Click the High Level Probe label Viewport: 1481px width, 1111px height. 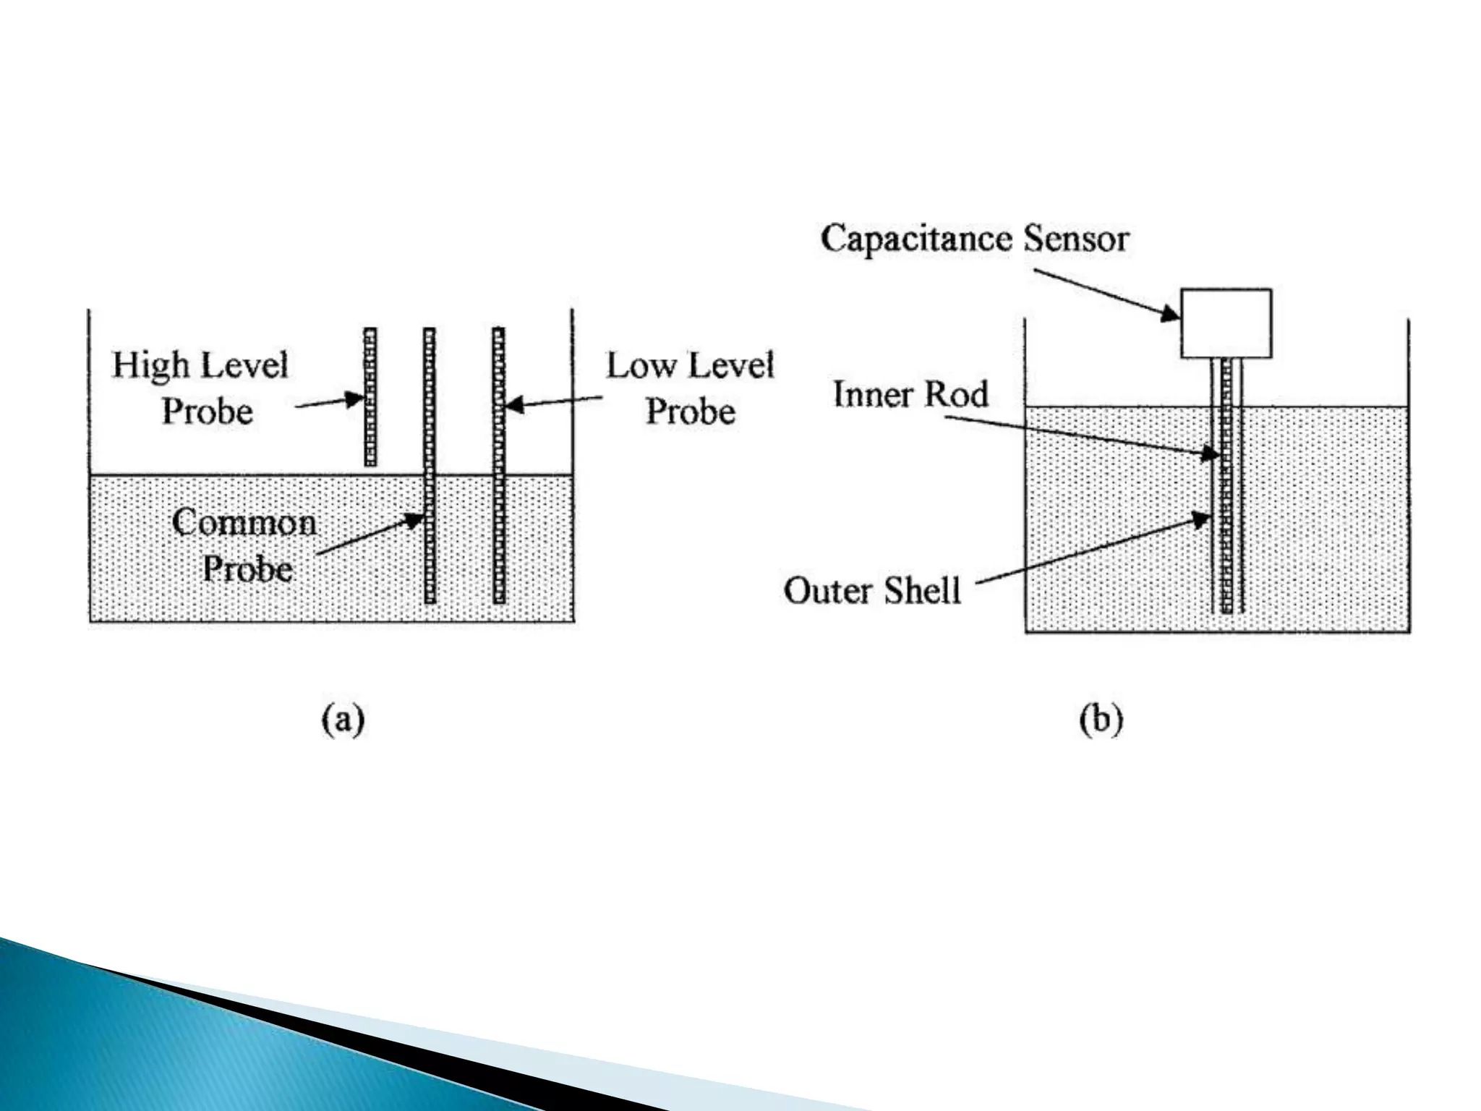pos(200,388)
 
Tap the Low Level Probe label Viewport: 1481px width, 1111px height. pos(690,388)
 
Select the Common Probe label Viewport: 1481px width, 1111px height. pos(245,545)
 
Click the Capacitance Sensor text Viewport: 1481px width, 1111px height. pos(974,239)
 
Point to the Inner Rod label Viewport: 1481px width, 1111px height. pos(910,394)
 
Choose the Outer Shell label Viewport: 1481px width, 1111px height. pos(872,590)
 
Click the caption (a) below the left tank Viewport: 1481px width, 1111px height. pos(343,720)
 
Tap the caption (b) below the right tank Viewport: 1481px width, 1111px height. pos(1101,720)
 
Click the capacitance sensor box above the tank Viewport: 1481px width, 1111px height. pos(1226,323)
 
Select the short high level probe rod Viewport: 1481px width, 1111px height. pos(370,396)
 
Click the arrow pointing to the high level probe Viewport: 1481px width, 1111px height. pos(329,401)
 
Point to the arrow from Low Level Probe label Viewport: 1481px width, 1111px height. pos(553,402)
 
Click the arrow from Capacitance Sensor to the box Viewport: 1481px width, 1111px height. pos(1106,294)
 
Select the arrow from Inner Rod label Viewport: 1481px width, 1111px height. pos(1081,435)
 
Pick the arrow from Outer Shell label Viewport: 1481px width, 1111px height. pos(1092,550)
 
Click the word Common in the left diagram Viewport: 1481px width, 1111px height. pos(244,522)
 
